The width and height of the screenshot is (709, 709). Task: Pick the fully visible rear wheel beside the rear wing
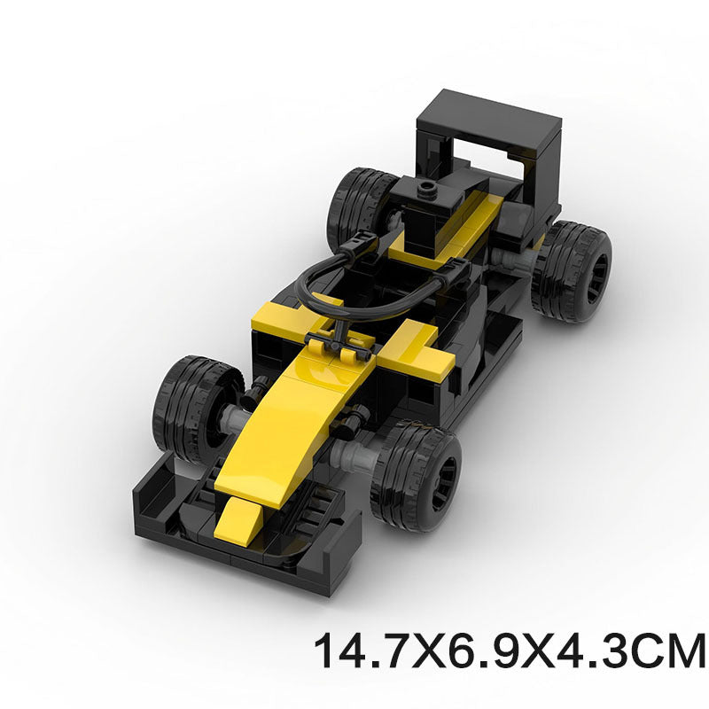coord(572,270)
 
